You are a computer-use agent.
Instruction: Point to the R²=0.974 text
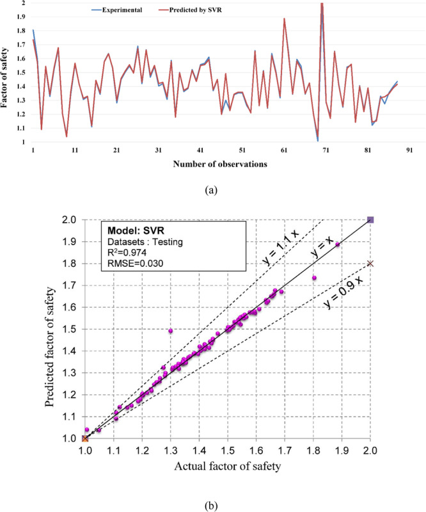point(126,254)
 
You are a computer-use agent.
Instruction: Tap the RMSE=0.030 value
point(132,266)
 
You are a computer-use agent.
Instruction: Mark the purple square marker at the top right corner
point(370,220)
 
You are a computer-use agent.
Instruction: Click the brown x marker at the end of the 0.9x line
point(370,264)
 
